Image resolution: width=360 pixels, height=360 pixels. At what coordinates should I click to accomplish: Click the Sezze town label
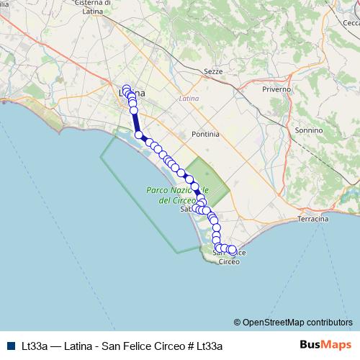[x=214, y=72]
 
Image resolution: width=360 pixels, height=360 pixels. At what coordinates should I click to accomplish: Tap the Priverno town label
[x=276, y=89]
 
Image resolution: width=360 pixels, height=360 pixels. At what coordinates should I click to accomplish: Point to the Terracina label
[x=312, y=218]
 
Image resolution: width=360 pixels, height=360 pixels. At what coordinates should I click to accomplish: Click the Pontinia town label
[x=205, y=135]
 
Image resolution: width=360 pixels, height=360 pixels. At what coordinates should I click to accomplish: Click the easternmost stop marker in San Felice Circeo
[x=232, y=250]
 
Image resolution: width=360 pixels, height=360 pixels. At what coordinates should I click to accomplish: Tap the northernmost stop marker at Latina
[x=127, y=89]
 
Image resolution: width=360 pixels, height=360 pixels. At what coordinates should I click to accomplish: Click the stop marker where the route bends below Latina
[x=139, y=135]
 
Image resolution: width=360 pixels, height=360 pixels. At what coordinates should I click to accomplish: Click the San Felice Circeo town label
[x=229, y=257]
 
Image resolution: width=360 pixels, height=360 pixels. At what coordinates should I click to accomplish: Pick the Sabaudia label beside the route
[x=185, y=210]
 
